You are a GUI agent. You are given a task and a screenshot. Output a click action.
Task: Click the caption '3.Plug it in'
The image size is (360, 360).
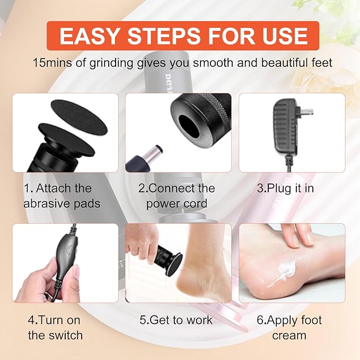click(286, 188)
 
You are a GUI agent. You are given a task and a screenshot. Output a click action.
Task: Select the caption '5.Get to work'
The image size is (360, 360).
click(176, 320)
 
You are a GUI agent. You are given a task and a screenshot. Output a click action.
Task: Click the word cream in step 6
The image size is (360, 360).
click(289, 335)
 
